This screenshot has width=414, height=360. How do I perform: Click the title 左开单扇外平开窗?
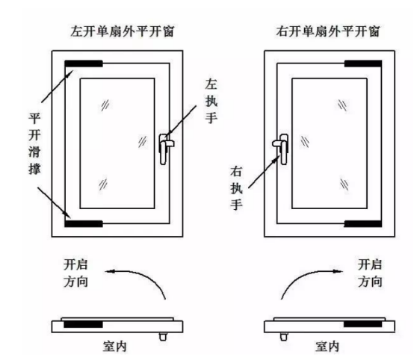pos(123,31)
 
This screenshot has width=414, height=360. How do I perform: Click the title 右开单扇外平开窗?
pos(328,31)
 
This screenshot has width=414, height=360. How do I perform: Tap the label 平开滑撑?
pos(34,143)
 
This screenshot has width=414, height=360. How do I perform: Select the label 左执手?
pos(211,101)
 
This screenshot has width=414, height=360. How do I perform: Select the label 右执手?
pos(236,188)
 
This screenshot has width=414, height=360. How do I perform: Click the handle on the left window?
pos(166,149)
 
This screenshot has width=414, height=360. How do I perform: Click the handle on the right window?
pos(281,149)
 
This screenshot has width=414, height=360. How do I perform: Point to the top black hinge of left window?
pos(84,63)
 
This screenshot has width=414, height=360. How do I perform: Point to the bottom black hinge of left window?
pos(84,223)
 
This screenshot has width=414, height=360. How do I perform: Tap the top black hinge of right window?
pos(363,63)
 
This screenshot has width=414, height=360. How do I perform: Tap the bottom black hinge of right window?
pos(363,223)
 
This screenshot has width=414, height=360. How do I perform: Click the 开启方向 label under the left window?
pos(75,273)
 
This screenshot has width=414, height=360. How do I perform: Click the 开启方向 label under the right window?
pos(370,273)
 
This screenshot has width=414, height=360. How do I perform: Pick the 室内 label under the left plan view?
pos(114,347)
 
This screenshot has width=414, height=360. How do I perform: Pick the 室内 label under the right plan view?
pos(327,347)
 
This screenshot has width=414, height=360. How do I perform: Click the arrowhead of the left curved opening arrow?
pos(109,271)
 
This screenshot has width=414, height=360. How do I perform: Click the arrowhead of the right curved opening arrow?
pos(339,271)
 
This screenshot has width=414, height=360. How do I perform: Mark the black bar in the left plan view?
pos(83,324)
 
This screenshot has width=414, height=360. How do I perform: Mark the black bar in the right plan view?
pos(362,324)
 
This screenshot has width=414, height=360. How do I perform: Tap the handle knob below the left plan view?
pos(163,337)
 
